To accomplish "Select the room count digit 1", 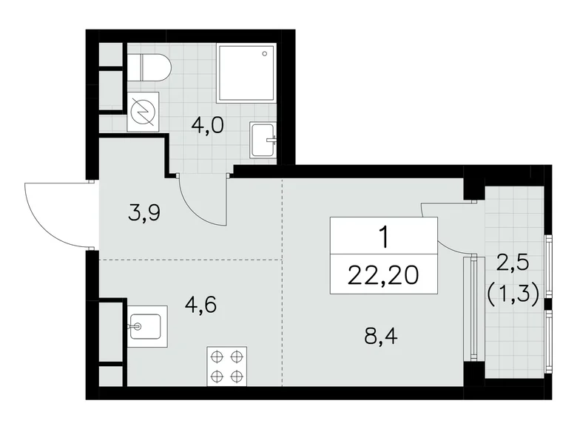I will pyautogui.click(x=383, y=237).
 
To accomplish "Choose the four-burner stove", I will pyautogui.click(x=226, y=365).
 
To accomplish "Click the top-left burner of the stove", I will pyautogui.click(x=217, y=357).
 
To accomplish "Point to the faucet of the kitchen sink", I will pyautogui.click(x=136, y=325).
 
